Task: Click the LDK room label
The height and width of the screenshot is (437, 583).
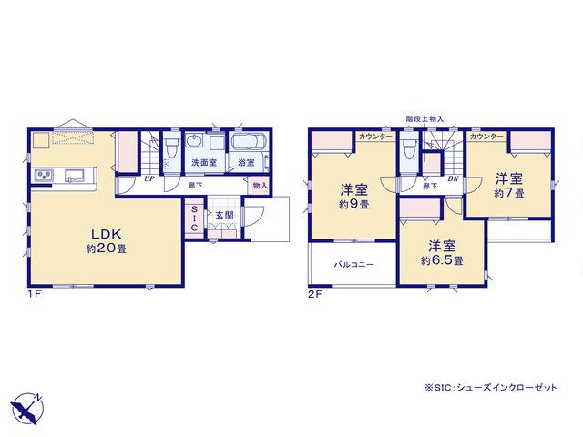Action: (x=107, y=234)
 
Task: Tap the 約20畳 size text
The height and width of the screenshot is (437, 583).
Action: (x=107, y=249)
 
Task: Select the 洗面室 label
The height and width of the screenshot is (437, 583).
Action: (x=204, y=162)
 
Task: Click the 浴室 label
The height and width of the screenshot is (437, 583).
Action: (x=246, y=162)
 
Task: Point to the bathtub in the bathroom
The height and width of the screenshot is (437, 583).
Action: (x=249, y=142)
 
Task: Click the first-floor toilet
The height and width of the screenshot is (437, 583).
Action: (x=172, y=147)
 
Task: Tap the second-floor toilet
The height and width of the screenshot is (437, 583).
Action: (x=409, y=148)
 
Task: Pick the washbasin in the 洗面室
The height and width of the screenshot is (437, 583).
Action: (x=194, y=142)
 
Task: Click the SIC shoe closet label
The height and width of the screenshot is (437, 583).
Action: (x=194, y=218)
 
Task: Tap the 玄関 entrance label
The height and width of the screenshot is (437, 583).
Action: (x=224, y=215)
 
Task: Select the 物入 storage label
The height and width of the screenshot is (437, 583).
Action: (x=260, y=185)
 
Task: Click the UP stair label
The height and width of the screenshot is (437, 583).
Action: (x=148, y=178)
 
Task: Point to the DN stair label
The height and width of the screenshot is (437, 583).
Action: (x=453, y=178)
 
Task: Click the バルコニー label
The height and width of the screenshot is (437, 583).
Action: (x=353, y=265)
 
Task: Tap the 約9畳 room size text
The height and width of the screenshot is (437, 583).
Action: (x=353, y=204)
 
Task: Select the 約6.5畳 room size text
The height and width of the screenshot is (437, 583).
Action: (x=442, y=260)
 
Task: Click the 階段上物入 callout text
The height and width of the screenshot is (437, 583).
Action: (x=424, y=119)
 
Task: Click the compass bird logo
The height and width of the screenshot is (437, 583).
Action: (x=26, y=409)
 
